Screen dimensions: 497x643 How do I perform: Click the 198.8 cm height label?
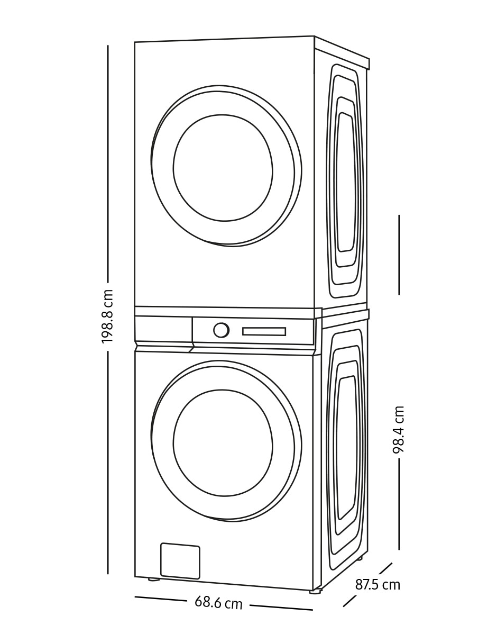107,316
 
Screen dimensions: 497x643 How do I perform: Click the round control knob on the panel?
221,330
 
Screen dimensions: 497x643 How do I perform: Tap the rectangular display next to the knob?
264,331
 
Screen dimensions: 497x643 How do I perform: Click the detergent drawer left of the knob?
163,329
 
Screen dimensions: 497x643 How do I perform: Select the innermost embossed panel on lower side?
346,448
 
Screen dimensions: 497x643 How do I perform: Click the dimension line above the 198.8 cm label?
108,163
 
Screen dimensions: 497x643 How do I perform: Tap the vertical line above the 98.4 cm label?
399,255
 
